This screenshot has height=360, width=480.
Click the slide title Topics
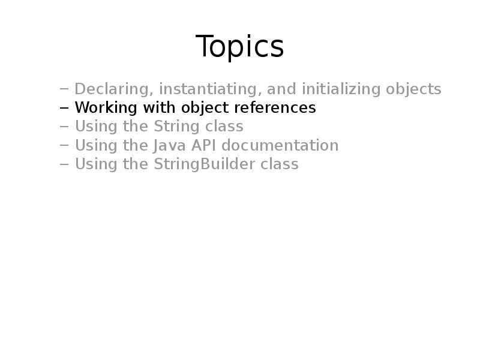click(239, 46)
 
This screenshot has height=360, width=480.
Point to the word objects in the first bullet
click(414, 89)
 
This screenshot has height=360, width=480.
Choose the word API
click(207, 145)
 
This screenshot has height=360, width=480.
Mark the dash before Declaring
click(64, 90)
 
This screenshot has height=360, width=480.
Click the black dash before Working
click(64, 109)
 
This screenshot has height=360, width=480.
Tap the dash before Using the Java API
click(64, 146)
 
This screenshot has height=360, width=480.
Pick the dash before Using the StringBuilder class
click(64, 165)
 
